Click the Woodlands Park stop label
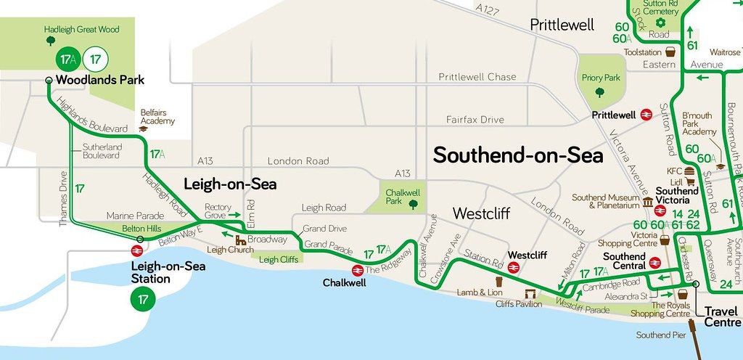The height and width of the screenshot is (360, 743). pyautogui.click(x=99, y=80)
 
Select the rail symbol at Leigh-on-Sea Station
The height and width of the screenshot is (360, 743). pyautogui.click(x=136, y=250)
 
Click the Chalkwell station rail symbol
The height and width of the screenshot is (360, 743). pyautogui.click(x=357, y=270)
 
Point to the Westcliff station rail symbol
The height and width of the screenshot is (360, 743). pyautogui.click(x=514, y=267)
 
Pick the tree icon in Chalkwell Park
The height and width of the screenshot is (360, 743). pyautogui.click(x=413, y=205)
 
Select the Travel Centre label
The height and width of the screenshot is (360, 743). pyautogui.click(x=723, y=316)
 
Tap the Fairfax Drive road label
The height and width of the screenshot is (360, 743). pyautogui.click(x=475, y=119)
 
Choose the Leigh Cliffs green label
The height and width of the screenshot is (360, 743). pyautogui.click(x=279, y=259)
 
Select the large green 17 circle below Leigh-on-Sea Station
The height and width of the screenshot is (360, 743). pyautogui.click(x=143, y=298)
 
